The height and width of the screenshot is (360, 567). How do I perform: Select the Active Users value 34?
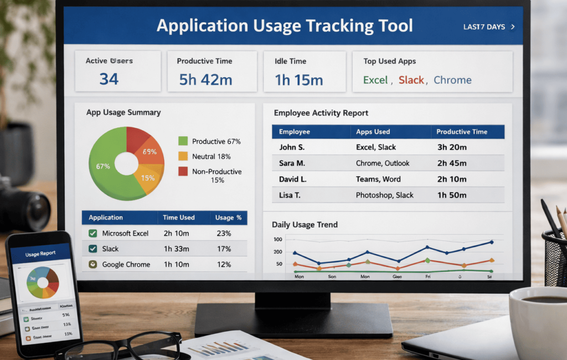109,79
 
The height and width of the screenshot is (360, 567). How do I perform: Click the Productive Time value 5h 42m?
205,80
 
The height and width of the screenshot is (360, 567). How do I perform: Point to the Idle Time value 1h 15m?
299,80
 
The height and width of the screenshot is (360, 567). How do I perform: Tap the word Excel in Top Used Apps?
375,80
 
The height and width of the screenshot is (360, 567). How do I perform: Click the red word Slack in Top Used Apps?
411,80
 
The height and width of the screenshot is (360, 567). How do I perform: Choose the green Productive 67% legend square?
183,141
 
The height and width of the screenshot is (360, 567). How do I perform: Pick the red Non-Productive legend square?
183,172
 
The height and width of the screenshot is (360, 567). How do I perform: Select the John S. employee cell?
292,147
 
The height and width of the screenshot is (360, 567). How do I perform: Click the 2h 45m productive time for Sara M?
452,163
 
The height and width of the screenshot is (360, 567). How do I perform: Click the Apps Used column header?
373,132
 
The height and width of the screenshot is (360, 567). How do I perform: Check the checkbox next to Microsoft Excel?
93,233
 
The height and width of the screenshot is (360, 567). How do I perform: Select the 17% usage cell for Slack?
224,249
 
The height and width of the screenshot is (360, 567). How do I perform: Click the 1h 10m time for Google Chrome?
176,264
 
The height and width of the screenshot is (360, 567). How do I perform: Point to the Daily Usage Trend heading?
305,225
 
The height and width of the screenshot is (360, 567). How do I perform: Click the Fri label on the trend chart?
427,275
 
